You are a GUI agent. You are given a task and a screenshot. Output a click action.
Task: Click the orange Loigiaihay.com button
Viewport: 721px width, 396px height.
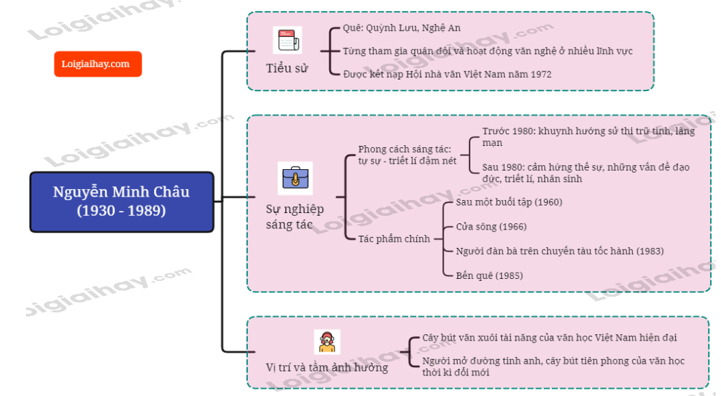(x=97, y=64)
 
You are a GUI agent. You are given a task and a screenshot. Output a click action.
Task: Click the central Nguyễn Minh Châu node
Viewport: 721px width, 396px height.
(x=121, y=201)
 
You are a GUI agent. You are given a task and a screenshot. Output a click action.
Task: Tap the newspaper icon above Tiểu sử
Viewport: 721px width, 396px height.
(x=286, y=40)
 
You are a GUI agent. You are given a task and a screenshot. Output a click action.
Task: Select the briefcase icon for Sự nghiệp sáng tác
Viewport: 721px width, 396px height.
(x=296, y=178)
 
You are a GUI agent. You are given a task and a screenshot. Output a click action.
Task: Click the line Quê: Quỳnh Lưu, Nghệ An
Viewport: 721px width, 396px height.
(x=402, y=28)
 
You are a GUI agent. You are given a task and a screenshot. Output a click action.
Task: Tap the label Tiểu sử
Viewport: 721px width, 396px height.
(x=288, y=69)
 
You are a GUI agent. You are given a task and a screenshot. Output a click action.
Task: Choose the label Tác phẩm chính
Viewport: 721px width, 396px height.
(x=394, y=239)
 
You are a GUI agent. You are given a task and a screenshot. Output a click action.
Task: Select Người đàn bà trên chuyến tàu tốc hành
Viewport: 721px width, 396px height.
(x=559, y=251)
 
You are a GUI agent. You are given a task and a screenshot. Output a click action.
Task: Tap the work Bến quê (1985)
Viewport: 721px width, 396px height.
(x=489, y=275)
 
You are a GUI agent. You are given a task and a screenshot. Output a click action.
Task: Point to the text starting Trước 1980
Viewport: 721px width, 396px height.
(x=587, y=137)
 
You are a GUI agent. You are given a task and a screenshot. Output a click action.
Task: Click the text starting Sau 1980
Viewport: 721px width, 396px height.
(x=585, y=173)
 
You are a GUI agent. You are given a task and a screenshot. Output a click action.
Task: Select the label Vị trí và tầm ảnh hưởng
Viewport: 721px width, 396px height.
(x=327, y=367)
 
